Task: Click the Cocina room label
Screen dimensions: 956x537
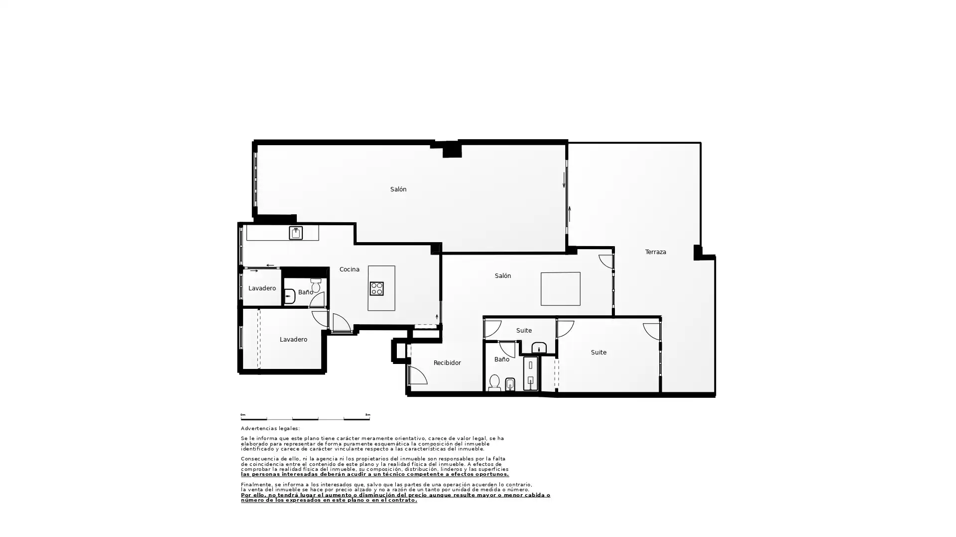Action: click(x=349, y=269)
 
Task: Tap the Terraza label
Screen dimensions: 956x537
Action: click(x=655, y=252)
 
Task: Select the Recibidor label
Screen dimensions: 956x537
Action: click(x=447, y=363)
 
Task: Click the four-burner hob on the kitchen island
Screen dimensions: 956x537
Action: click(x=376, y=288)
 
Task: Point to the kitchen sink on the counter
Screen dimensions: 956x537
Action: click(x=296, y=233)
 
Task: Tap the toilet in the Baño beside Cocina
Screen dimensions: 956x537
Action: click(x=316, y=285)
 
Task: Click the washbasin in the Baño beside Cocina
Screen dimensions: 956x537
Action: click(x=290, y=296)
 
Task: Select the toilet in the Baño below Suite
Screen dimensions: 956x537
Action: click(x=494, y=382)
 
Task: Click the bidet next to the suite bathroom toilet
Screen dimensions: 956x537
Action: click(x=510, y=384)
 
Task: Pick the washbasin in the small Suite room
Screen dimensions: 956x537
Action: click(x=539, y=347)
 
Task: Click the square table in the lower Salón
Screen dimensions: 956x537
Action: click(x=561, y=289)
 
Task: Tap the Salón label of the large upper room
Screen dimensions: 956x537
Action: click(x=398, y=189)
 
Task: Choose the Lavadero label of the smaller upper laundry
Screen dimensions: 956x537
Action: click(x=262, y=288)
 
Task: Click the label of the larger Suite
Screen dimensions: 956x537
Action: click(x=598, y=353)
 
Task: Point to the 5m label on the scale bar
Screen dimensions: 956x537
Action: click(x=367, y=415)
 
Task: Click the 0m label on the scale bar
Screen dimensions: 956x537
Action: click(x=243, y=415)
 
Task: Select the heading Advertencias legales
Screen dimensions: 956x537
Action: click(x=270, y=429)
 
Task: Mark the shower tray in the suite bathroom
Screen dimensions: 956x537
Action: click(x=530, y=373)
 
